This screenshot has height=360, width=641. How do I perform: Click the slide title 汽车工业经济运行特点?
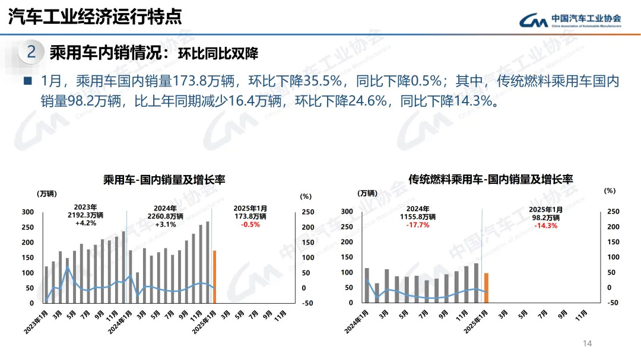click(x=95, y=17)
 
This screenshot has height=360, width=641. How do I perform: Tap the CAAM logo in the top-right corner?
click(x=570, y=20)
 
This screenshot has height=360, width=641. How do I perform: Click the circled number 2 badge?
click(x=31, y=52)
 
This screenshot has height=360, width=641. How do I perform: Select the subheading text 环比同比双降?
click(x=222, y=53)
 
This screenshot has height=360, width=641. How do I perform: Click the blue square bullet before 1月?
click(x=27, y=81)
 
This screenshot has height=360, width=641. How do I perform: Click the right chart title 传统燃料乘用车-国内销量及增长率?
click(x=491, y=179)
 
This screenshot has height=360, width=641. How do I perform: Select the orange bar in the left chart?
click(x=215, y=276)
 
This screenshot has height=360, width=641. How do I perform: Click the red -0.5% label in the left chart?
click(x=250, y=224)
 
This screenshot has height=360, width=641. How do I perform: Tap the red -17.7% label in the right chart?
click(x=418, y=225)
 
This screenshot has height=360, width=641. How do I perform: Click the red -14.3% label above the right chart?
click(x=545, y=226)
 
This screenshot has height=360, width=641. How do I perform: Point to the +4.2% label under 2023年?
click(x=85, y=224)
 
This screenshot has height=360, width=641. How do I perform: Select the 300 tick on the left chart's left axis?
click(x=27, y=212)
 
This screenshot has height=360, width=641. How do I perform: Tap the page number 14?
click(x=588, y=343)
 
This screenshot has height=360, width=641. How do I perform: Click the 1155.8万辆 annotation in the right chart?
click(x=418, y=218)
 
